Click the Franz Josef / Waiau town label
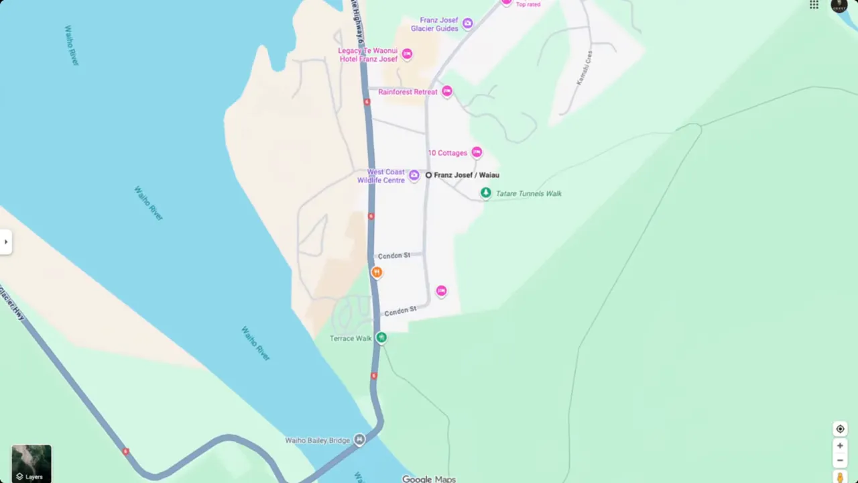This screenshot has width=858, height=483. click(x=466, y=175)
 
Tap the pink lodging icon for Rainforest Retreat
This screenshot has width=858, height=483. click(x=447, y=91)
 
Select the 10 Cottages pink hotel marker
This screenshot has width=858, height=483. click(x=477, y=152)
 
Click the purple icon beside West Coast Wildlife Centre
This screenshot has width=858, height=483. click(x=414, y=176)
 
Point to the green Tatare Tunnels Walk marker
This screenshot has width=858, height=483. click(x=485, y=193)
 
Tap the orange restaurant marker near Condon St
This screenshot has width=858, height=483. click(x=377, y=272)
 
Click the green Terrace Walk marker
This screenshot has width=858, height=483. click(x=381, y=337)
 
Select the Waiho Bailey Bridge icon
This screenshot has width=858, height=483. click(x=360, y=440)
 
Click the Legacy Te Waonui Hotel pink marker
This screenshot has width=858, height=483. click(x=407, y=54)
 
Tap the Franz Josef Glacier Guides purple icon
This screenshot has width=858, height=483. click(x=468, y=23)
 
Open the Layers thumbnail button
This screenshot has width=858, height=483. click(x=31, y=464)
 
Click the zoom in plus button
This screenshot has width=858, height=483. click(x=840, y=445)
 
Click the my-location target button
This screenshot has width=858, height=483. click(x=840, y=429)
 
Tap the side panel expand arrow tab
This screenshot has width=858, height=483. click(x=5, y=241)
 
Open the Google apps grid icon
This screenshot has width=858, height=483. click(x=814, y=5)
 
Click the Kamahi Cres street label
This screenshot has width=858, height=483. click(x=585, y=68)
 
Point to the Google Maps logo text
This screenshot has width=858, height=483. click(x=429, y=479)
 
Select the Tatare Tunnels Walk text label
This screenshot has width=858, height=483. click(x=528, y=194)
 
